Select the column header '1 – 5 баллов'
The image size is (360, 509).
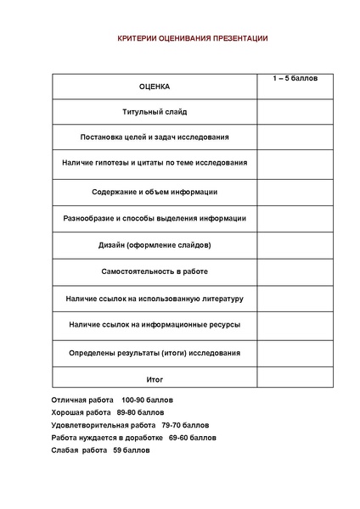pyautogui.click(x=295, y=78)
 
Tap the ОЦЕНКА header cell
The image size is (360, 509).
pyautogui.click(x=155, y=87)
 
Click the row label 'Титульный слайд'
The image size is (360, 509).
pyautogui.click(x=155, y=111)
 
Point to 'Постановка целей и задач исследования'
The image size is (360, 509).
pyautogui.click(x=155, y=137)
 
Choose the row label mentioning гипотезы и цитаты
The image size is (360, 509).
pyautogui.click(x=155, y=162)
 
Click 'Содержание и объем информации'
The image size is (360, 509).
pyautogui.click(x=155, y=192)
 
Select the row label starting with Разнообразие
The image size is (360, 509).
pyautogui.click(x=155, y=218)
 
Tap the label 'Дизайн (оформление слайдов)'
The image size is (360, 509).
pyautogui.click(x=155, y=245)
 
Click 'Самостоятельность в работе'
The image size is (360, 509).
pyautogui.click(x=155, y=271)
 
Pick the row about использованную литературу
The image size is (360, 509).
pyautogui.click(x=155, y=299)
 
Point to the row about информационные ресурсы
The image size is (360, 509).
pyautogui.click(x=155, y=325)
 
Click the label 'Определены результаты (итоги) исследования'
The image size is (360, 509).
pyautogui.click(x=155, y=352)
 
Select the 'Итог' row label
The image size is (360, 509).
pyautogui.click(x=155, y=379)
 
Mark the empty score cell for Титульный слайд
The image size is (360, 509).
pyautogui.click(x=295, y=111)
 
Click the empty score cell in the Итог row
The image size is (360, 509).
pyautogui.click(x=295, y=379)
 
